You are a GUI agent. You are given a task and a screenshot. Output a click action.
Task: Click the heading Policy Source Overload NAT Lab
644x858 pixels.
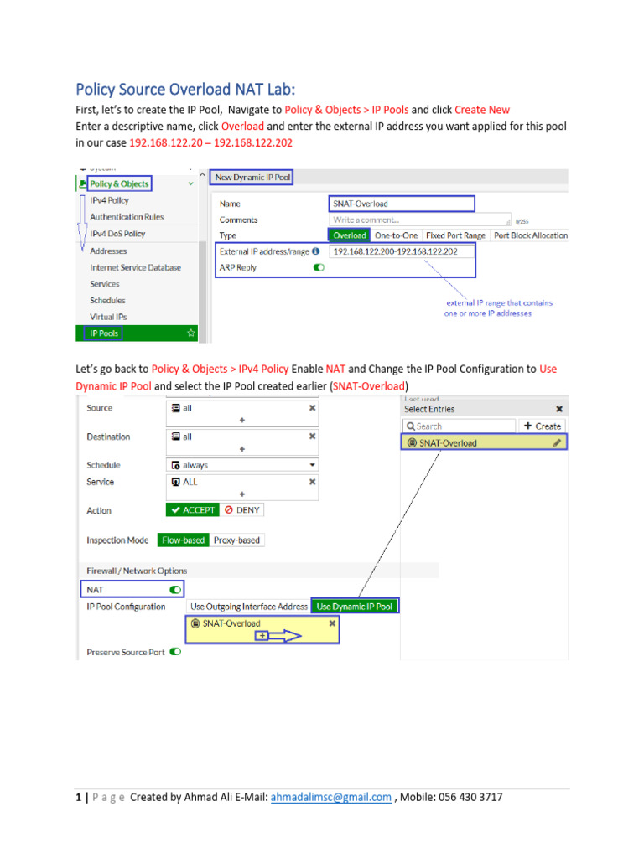click(x=185, y=89)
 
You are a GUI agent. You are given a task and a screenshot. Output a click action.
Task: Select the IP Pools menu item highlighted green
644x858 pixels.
click(x=105, y=333)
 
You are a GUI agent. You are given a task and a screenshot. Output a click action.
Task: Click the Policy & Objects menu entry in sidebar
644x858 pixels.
click(x=119, y=183)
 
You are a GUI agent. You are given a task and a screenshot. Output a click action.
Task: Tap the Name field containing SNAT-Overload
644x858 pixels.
click(x=401, y=204)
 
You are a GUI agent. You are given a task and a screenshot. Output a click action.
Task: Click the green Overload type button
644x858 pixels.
click(x=349, y=235)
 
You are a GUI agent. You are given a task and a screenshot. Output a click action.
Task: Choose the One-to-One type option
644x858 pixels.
click(x=396, y=235)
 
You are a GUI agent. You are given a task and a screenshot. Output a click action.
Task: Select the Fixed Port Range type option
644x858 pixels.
click(x=455, y=235)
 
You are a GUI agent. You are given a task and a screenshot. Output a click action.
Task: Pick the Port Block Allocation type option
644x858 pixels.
click(x=530, y=235)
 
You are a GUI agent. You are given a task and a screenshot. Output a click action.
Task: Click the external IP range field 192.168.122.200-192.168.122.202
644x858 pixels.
click(x=395, y=251)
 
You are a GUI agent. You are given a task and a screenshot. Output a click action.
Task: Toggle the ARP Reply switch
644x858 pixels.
click(x=319, y=268)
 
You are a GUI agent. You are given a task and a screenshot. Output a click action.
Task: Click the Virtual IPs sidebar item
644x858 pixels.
click(x=107, y=317)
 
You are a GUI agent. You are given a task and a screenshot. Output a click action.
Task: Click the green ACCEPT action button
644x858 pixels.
click(x=192, y=509)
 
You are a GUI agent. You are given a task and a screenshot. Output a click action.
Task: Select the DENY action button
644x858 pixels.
click(x=242, y=509)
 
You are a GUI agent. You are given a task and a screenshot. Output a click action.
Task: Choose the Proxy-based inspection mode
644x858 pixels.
click(x=236, y=540)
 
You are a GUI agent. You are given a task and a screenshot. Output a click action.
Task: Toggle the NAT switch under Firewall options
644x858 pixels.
click(x=175, y=589)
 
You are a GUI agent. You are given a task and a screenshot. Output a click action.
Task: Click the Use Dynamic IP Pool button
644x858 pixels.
click(x=354, y=607)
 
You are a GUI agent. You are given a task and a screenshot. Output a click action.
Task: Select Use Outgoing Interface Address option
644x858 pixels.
click(x=248, y=607)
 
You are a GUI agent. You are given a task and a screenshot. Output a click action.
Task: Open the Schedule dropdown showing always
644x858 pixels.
click(x=242, y=465)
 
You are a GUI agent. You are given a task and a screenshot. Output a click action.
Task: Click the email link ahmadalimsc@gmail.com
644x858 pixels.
click(x=331, y=798)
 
